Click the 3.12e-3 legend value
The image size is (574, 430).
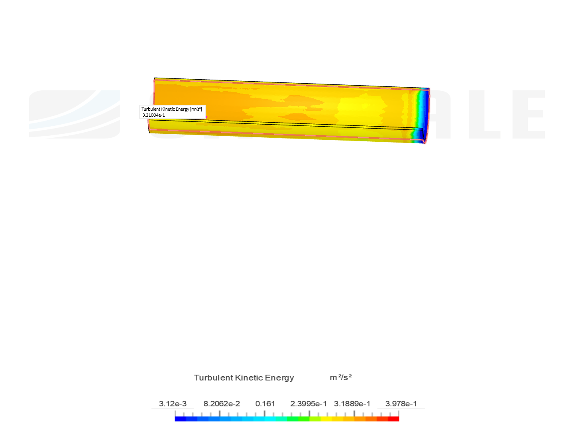click(x=172, y=404)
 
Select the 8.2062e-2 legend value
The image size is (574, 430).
click(x=222, y=404)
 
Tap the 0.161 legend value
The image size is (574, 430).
click(x=265, y=404)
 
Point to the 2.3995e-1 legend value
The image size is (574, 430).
click(x=308, y=404)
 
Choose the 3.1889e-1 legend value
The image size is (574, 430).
click(x=352, y=404)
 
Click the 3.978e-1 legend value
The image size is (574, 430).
click(x=401, y=404)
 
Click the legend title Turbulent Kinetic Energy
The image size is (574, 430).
click(x=244, y=378)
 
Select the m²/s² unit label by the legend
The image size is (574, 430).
click(x=340, y=377)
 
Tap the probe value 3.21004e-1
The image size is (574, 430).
click(x=153, y=115)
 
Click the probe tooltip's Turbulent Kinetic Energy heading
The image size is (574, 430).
click(x=171, y=109)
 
